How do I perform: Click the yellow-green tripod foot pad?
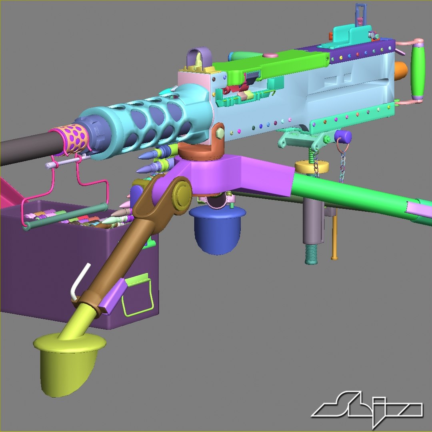pyautogui.click(x=68, y=360)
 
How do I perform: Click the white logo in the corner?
pyautogui.click(x=366, y=410)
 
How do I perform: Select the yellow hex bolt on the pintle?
pyautogui.click(x=219, y=132)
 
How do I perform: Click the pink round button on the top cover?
pyautogui.click(x=272, y=56)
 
